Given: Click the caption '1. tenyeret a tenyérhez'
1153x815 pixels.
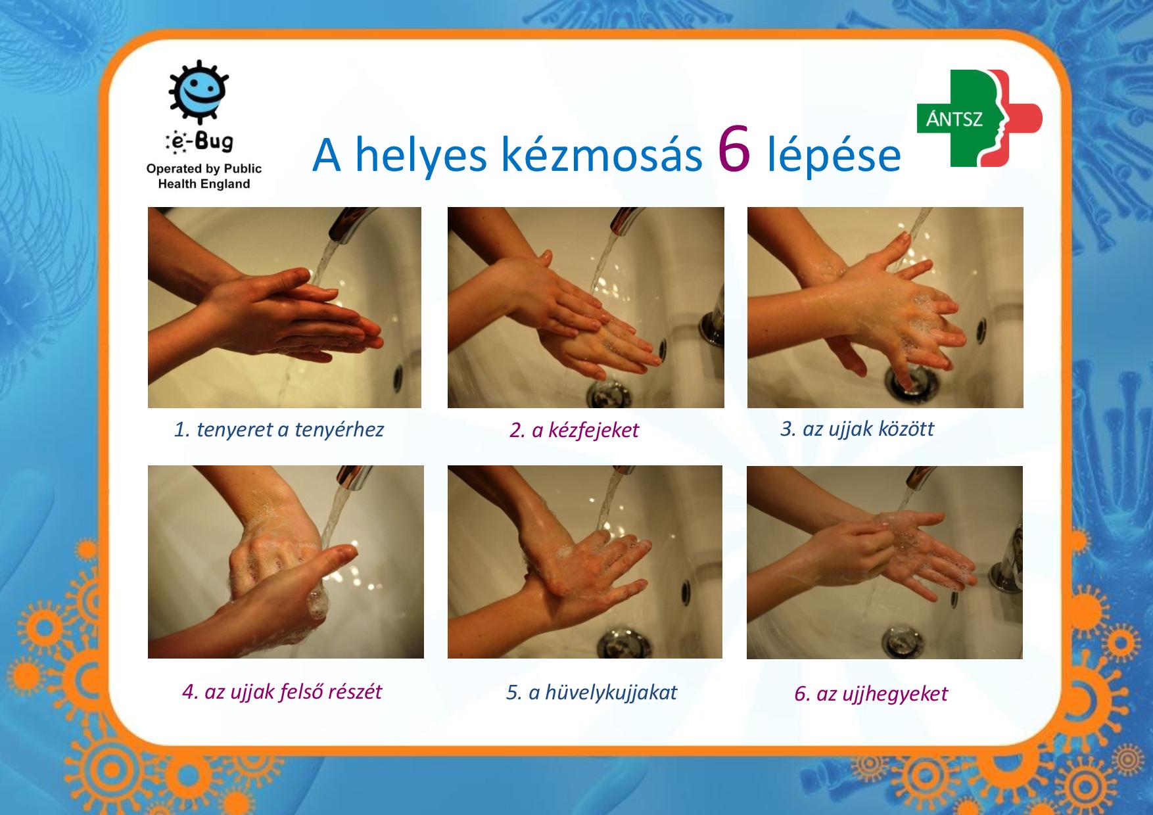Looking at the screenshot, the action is (279, 430).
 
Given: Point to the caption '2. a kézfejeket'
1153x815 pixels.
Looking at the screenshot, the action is (574, 430).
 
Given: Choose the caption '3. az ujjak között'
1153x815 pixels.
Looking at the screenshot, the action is (857, 429).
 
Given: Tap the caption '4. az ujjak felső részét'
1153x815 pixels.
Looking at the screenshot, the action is (282, 691).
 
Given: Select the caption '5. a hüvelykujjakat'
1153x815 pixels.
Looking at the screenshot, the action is (591, 692).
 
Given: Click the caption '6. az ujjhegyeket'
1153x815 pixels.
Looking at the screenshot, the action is (871, 694).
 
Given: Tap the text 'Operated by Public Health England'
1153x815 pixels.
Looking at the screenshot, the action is (204, 176).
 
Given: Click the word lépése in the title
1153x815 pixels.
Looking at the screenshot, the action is (834, 156).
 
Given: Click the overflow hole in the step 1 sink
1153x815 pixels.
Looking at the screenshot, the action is (398, 375).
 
